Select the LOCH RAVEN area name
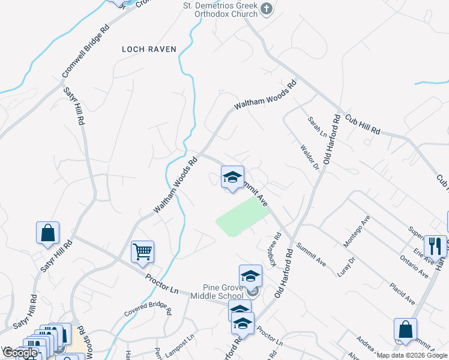pyautogui.click(x=149, y=49)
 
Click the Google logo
pyautogui.click(x=20, y=353)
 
